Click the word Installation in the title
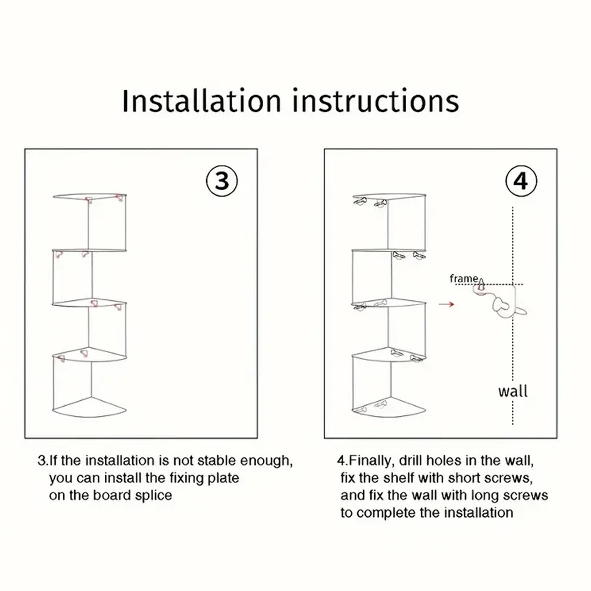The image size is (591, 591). (x=201, y=100)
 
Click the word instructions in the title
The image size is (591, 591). (x=376, y=100)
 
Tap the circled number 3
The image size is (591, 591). (x=222, y=181)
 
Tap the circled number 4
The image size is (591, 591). (x=521, y=181)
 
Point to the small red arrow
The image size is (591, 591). (x=446, y=304)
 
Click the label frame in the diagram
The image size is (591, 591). (x=464, y=278)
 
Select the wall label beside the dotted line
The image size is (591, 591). (x=513, y=391)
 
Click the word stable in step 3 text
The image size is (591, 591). (x=217, y=460)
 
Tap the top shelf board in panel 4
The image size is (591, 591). (x=390, y=196)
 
